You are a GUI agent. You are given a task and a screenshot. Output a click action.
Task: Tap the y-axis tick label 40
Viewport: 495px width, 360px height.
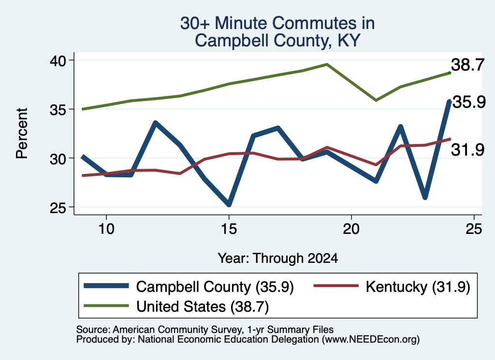[x=58, y=60]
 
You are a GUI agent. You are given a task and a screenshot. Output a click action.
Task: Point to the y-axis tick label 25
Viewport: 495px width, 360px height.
[x=58, y=207]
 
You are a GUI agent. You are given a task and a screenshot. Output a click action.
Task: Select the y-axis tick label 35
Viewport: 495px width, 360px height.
[x=58, y=110]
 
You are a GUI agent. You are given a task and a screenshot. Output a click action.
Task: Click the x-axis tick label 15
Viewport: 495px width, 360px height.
[x=229, y=229]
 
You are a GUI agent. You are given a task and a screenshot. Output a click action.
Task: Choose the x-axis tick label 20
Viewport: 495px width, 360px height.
[x=351, y=229]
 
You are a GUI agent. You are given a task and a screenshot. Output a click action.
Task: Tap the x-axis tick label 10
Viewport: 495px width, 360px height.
[x=106, y=229]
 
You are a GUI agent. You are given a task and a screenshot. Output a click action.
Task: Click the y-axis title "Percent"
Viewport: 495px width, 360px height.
[x=22, y=133]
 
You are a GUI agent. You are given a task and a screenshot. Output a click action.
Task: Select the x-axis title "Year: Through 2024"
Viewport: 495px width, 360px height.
[x=278, y=258]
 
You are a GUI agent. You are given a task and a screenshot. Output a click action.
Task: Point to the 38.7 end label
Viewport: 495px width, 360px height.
[x=467, y=65]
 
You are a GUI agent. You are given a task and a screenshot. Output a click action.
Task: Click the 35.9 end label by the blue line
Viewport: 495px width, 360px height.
[x=469, y=102]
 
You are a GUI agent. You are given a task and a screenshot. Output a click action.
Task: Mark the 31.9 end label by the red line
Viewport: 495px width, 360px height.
[x=467, y=149]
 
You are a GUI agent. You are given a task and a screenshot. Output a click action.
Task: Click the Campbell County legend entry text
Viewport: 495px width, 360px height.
[x=215, y=287]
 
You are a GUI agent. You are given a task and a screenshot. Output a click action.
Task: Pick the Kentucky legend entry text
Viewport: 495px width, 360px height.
[x=418, y=287]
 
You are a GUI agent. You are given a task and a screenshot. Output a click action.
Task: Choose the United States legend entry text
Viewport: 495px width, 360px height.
[x=203, y=306]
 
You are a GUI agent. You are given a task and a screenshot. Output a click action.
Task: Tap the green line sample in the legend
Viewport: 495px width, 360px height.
[x=106, y=305]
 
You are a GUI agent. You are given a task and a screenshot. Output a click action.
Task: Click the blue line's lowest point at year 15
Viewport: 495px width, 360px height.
[x=229, y=204]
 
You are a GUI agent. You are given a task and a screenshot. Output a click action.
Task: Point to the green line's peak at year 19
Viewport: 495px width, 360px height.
[x=327, y=64]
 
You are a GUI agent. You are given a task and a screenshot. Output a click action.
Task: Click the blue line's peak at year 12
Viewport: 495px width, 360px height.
[x=155, y=123]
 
